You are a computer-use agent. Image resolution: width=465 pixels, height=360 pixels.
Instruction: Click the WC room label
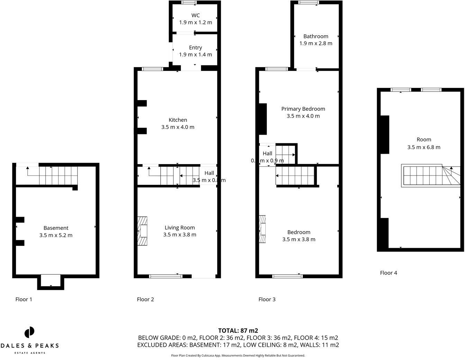(195, 15)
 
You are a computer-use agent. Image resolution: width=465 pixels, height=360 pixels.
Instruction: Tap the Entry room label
(195, 47)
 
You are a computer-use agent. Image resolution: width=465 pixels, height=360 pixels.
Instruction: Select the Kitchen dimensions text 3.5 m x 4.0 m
(178, 127)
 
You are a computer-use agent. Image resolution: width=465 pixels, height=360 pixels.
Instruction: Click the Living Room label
(180, 227)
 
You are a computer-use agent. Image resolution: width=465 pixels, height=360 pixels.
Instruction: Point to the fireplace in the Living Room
(143, 231)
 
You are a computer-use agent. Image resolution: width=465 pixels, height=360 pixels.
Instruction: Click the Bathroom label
(316, 36)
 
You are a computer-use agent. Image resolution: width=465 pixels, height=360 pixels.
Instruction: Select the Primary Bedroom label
(303, 109)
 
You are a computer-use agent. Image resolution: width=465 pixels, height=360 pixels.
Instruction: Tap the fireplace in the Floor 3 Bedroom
(262, 229)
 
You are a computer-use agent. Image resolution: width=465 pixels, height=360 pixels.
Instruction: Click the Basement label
(56, 228)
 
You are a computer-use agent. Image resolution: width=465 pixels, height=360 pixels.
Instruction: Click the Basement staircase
(52, 175)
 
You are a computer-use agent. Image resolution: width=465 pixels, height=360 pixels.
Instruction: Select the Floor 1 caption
(24, 299)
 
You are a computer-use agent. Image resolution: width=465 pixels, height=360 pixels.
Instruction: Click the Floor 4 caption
(389, 273)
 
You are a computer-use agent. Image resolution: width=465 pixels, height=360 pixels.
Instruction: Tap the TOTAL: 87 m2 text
(238, 331)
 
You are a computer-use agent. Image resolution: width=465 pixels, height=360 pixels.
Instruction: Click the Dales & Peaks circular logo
(29, 332)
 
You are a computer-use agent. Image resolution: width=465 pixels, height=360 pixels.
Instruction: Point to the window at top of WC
(189, 2)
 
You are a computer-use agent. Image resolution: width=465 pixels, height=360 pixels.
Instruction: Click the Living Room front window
(165, 276)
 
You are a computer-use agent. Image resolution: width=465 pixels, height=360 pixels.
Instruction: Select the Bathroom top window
(308, 2)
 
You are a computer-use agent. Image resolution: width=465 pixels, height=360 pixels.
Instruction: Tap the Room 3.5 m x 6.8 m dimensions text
(424, 147)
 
